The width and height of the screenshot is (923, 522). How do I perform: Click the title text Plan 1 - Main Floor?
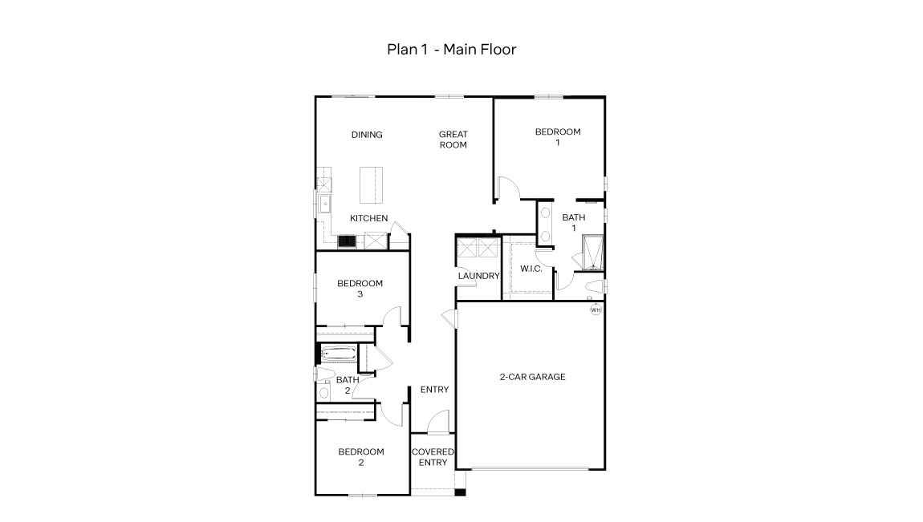(451, 50)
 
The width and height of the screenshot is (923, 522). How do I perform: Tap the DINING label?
(366, 135)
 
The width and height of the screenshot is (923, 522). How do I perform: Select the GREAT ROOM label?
(453, 140)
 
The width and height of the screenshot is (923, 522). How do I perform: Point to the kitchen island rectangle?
(370, 186)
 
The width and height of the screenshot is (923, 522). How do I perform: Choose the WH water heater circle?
(596, 310)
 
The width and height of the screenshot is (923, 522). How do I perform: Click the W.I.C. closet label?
(531, 269)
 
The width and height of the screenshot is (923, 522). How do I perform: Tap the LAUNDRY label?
(478, 276)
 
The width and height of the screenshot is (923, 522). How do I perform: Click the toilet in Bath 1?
(594, 287)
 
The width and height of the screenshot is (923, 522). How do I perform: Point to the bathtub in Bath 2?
(336, 354)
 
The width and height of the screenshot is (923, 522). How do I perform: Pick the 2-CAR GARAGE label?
(532, 376)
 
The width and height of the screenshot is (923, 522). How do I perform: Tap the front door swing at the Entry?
(437, 423)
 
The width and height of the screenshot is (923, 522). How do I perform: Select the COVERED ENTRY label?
(433, 457)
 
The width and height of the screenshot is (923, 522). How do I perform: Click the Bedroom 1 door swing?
(507, 189)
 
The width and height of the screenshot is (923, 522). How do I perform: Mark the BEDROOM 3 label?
(360, 289)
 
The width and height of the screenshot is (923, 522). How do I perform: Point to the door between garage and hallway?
(449, 318)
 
